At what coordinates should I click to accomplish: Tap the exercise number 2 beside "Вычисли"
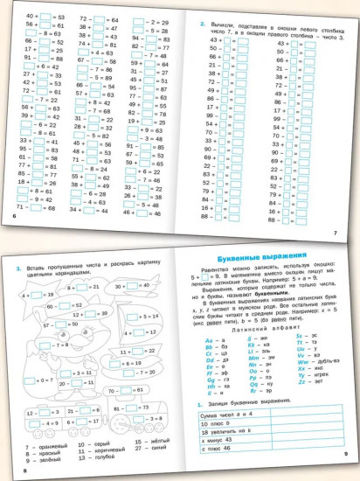[x=202, y=24]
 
